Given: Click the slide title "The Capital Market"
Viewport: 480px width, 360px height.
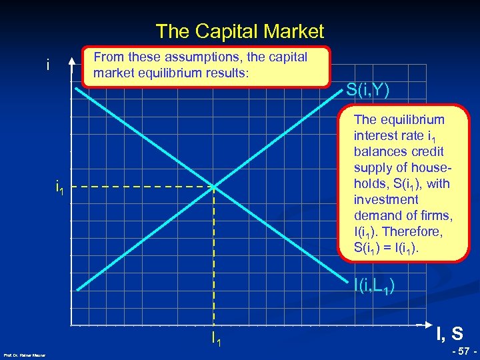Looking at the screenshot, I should (239, 31).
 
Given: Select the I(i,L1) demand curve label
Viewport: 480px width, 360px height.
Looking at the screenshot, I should (377, 287).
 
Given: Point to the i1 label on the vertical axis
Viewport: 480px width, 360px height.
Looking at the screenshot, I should (60, 188).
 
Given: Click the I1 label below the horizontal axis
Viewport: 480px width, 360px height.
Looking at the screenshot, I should (216, 339).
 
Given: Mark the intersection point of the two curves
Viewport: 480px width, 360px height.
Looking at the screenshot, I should (213, 187).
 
